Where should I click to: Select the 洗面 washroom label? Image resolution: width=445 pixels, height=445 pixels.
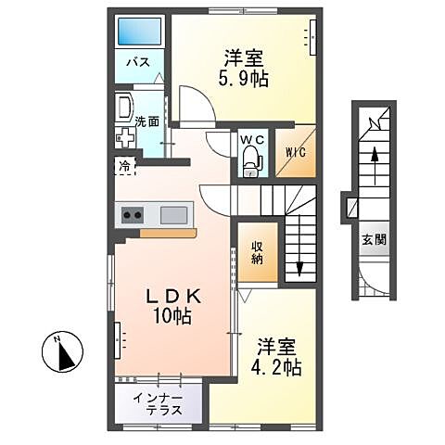point(146,121)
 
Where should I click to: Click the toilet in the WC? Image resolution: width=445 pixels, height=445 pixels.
point(250,161)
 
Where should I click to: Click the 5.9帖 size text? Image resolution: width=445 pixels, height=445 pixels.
point(246,80)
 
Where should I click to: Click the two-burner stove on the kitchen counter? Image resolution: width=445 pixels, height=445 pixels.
point(132,216)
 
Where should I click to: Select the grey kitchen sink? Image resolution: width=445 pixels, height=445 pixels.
point(173,215)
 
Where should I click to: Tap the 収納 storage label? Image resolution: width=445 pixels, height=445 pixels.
point(259,253)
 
